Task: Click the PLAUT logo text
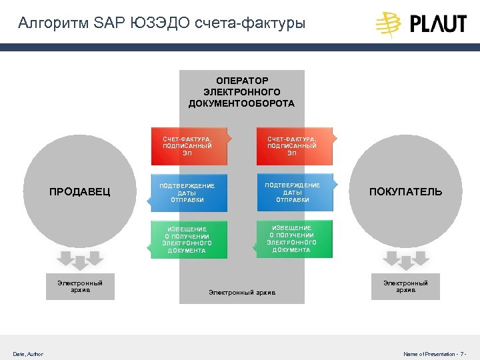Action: [438, 24]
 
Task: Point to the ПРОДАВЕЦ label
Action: [80, 192]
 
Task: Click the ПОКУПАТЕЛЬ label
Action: [405, 192]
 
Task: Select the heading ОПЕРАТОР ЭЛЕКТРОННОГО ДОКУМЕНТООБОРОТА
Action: [241, 93]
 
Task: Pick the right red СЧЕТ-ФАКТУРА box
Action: [293, 145]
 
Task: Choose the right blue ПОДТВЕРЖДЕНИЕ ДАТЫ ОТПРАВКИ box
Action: [293, 191]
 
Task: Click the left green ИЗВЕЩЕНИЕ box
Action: [189, 239]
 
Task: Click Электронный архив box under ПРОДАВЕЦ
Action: [80, 287]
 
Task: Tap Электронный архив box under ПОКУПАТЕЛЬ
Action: [405, 287]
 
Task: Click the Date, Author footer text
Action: [28, 353]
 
